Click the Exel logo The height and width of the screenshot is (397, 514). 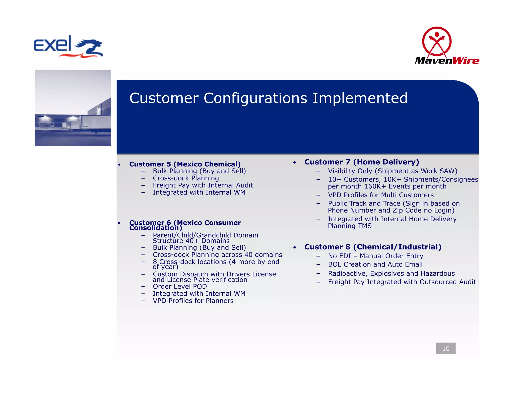coord(68,47)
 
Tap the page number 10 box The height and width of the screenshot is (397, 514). coord(445,348)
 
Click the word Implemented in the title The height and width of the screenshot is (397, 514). coord(360,98)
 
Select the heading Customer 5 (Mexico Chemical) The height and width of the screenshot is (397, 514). coord(185,164)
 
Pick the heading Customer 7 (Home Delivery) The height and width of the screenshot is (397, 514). coord(362,162)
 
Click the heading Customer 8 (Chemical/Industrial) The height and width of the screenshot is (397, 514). coord(373,247)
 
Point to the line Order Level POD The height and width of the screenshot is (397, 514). coord(180,287)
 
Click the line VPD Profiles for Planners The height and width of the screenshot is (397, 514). coord(193,301)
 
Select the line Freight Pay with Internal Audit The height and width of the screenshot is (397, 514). coord(203,185)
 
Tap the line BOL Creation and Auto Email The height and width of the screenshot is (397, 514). coord(375,264)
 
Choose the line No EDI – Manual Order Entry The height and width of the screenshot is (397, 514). coord(375,256)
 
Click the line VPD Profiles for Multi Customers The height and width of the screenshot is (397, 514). coord(381,195)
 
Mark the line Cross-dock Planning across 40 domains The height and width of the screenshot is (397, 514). coord(217,255)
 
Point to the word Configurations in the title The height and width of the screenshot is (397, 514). coord(255,98)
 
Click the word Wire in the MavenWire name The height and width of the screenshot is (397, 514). coord(466,61)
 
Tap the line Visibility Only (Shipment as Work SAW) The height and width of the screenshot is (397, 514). coord(393,171)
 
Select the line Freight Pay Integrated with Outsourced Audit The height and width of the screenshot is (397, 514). coord(402,282)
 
